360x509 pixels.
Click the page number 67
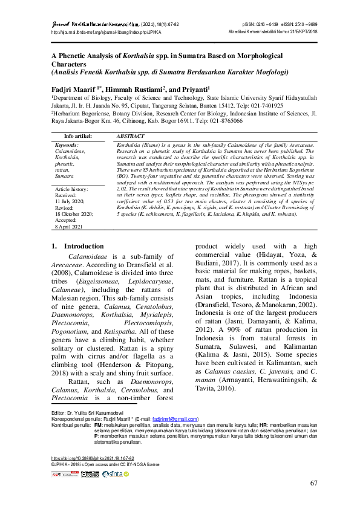tap(313, 483)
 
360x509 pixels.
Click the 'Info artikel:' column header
tap(78, 137)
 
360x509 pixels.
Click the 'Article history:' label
tap(71, 189)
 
